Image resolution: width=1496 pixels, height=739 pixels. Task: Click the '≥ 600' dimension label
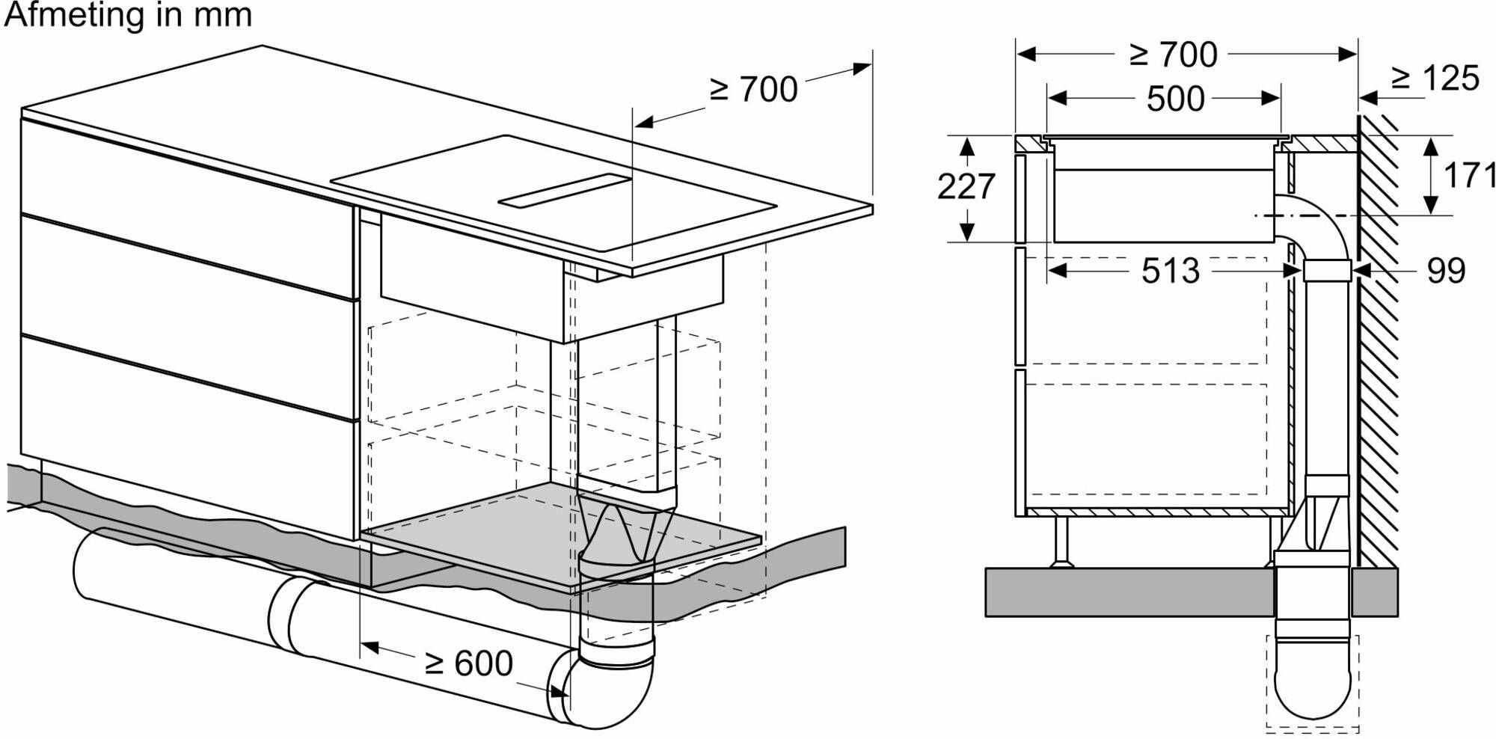[468, 663]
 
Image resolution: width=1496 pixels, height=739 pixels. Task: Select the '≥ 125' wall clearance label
[1435, 79]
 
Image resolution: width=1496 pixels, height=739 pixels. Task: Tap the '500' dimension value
[1175, 99]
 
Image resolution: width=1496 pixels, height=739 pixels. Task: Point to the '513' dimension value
[1170, 271]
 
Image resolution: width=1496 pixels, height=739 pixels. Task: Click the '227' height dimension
[966, 186]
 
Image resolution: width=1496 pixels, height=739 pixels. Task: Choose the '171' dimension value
[1469, 176]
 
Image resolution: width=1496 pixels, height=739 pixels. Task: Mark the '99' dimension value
[1446, 271]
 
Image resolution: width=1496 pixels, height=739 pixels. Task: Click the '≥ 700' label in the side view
[1174, 55]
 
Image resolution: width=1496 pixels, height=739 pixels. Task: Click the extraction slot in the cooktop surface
[565, 191]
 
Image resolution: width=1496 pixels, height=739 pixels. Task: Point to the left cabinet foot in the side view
[1061, 542]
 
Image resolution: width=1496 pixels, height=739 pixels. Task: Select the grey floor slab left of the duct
[1129, 592]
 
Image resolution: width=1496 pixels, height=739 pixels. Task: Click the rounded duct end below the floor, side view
[1313, 692]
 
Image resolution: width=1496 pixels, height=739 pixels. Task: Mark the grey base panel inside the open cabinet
[561, 535]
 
